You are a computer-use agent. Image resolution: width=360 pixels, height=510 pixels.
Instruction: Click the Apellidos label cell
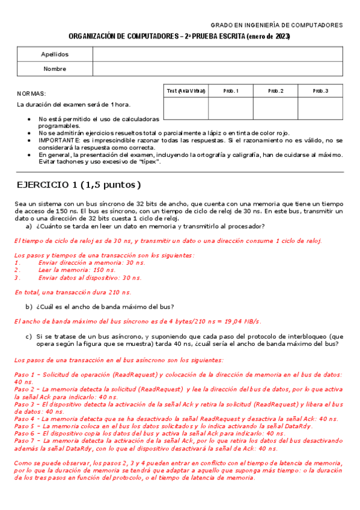[55, 54]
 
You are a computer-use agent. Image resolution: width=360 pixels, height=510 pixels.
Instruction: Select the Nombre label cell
[55, 69]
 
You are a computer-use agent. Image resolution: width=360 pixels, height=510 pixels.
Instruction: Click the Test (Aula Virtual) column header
[186, 91]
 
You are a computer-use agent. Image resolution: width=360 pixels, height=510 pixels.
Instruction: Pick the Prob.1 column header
[231, 91]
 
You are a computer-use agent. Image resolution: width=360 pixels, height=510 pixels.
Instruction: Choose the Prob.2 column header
[275, 91]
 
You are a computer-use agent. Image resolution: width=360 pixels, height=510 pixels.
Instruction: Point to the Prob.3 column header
[320, 91]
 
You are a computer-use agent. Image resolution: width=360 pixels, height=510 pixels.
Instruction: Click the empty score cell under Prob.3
[320, 108]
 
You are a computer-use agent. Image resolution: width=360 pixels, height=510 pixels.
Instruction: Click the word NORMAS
[31, 94]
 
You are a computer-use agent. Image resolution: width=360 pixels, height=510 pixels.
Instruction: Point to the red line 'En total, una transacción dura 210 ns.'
[72, 292]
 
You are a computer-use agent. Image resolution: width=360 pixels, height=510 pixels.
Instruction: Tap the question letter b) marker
[28, 306]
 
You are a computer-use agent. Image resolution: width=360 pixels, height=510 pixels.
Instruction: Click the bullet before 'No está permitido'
[30, 119]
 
